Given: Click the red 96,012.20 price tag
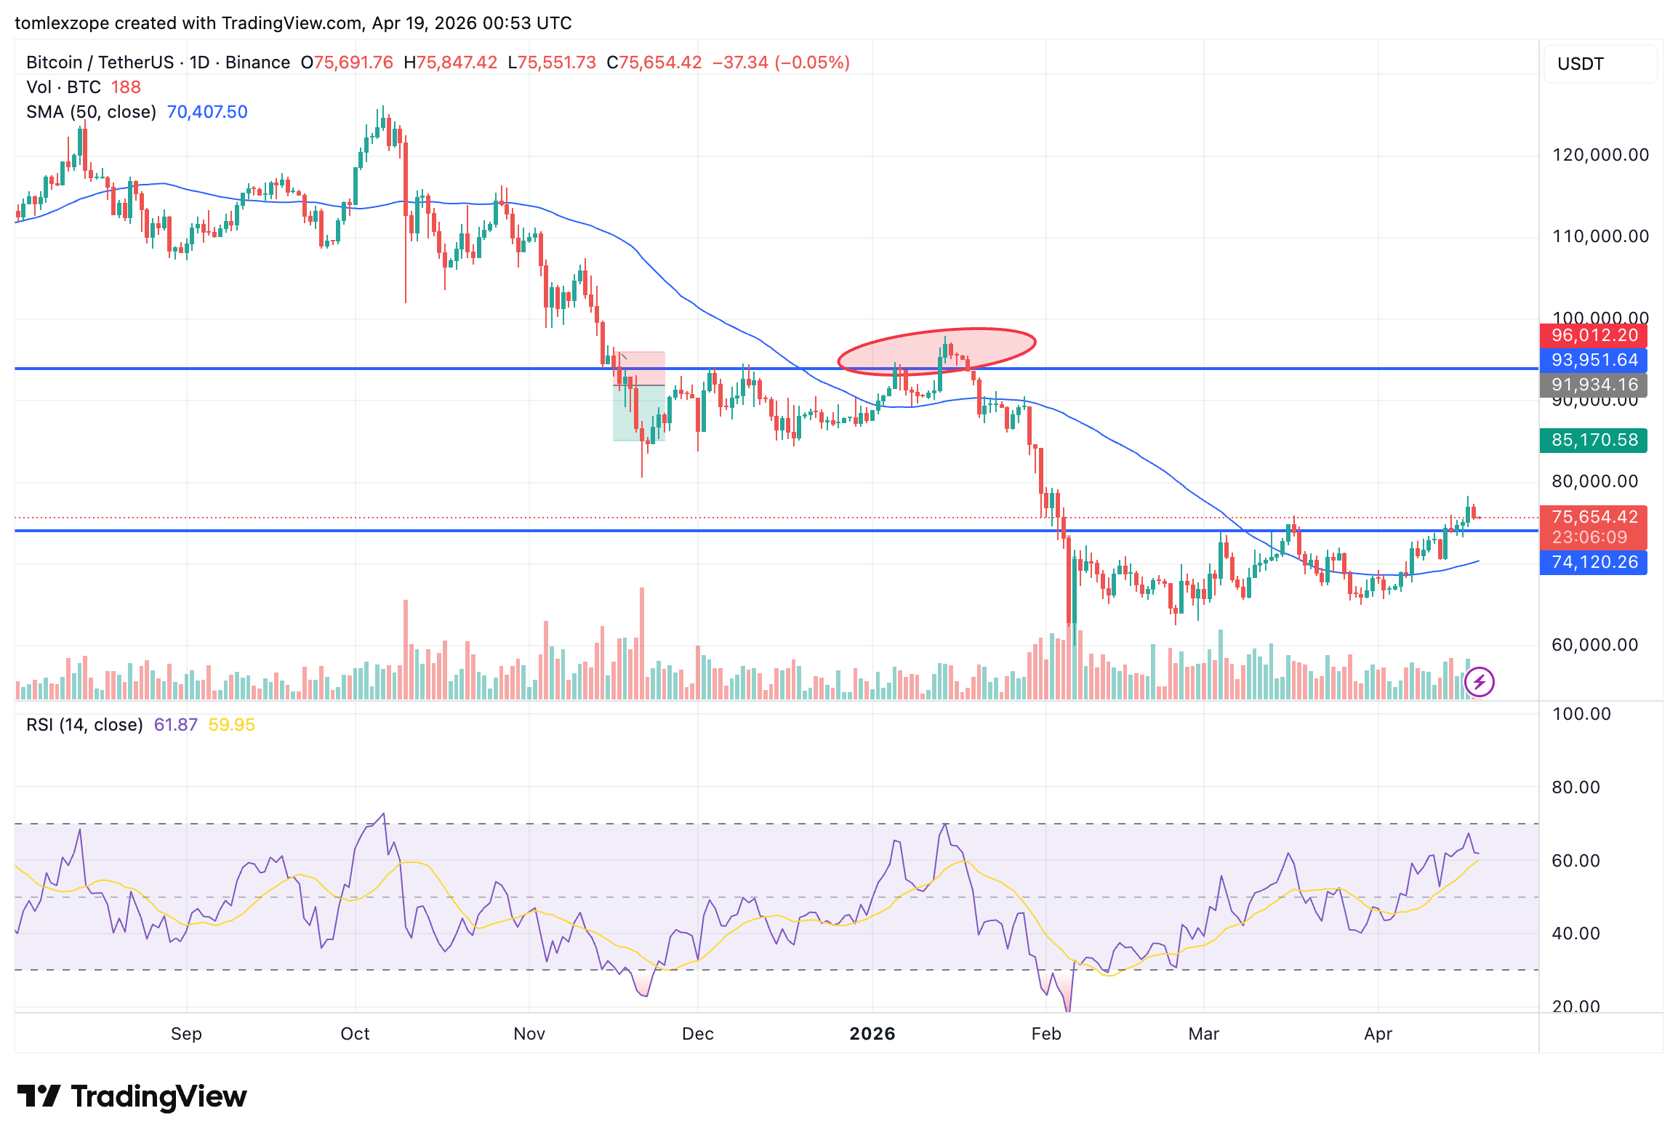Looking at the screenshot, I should click(1593, 336).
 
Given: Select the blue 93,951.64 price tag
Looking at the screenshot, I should click(1593, 361).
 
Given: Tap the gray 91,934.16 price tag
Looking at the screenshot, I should click(1593, 385).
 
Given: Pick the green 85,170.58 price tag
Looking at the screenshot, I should click(1593, 441).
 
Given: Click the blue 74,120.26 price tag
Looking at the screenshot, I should click(1593, 563).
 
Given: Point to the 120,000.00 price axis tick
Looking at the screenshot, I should click(1600, 155).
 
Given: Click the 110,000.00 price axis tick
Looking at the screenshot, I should click(1600, 236).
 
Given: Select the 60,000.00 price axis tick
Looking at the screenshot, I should click(1594, 645).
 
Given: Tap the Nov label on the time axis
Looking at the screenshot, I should click(529, 1034).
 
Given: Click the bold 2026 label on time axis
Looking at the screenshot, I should click(872, 1034).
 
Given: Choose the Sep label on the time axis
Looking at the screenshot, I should click(186, 1034).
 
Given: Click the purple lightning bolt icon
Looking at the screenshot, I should click(1479, 682).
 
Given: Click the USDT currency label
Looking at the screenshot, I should click(1580, 64).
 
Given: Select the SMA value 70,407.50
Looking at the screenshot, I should click(207, 112).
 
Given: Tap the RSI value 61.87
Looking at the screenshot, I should click(175, 725).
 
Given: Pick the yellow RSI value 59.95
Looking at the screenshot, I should click(231, 725).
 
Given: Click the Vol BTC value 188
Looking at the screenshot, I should click(126, 87).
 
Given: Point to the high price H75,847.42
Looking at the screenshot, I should click(451, 63).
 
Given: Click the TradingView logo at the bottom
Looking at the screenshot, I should click(132, 1096).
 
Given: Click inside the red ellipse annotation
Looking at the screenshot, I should click(936, 351).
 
